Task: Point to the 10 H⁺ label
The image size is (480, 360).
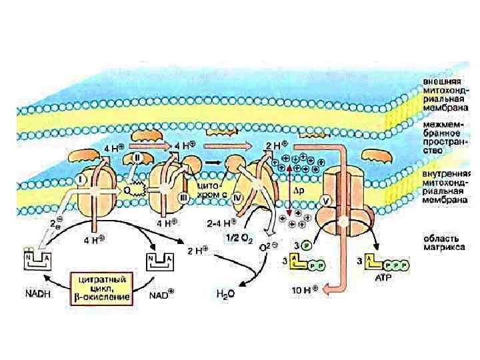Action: (x=308, y=289)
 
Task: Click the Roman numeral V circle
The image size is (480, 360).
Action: (x=327, y=199)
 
